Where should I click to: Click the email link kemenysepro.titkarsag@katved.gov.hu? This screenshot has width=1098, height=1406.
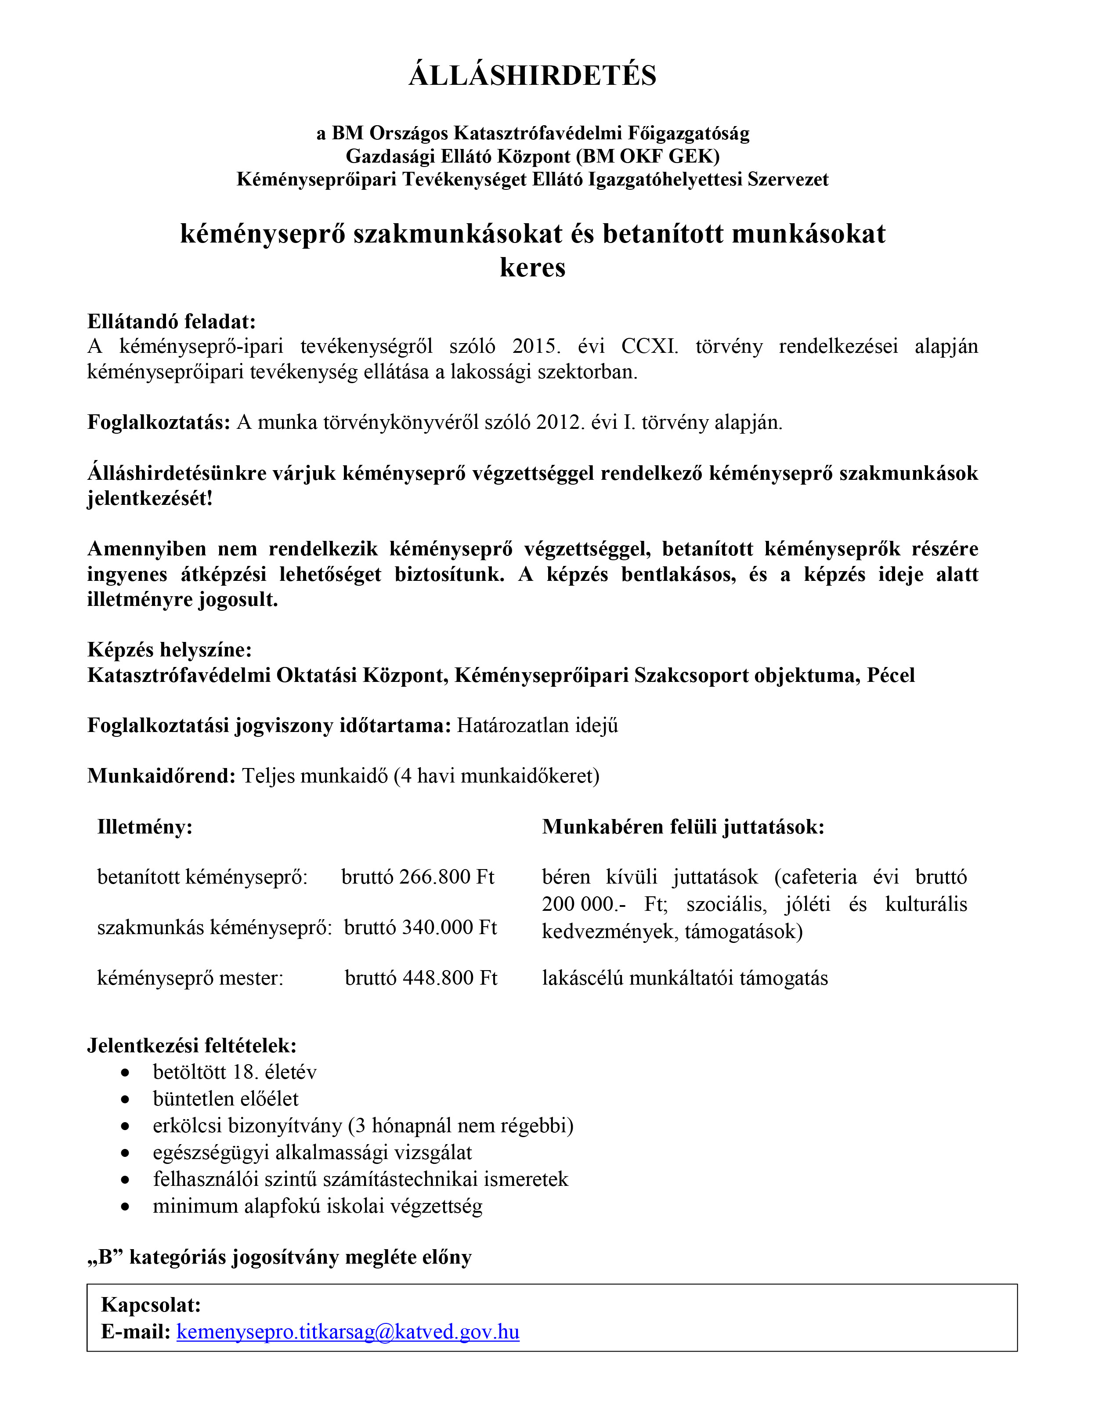pos(347,1331)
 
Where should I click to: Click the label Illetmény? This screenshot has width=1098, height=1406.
pos(145,826)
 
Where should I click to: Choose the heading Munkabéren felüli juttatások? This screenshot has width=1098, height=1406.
pos(683,826)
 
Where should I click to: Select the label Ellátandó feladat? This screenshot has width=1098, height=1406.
pos(171,321)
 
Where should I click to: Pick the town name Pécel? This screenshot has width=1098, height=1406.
pos(891,675)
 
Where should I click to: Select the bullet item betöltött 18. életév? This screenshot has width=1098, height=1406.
pos(234,1072)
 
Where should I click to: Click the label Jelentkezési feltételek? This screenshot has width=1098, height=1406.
pos(192,1045)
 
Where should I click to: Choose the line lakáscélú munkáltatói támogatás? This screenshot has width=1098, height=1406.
pos(685,978)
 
